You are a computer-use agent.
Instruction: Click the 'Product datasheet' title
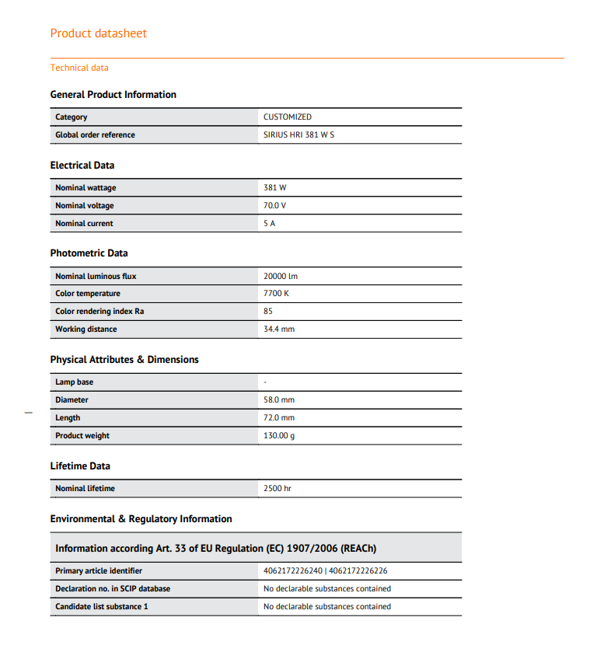pos(98,33)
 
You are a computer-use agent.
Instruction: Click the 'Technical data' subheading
pos(79,68)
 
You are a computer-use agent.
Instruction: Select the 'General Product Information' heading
pos(113,95)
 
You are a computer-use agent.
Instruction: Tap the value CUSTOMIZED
pos(287,117)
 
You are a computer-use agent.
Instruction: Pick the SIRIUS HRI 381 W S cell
pos(299,135)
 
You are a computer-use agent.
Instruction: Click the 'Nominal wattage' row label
pos(86,188)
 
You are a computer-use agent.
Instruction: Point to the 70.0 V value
pos(274,206)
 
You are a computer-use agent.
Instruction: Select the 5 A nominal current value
pos(269,224)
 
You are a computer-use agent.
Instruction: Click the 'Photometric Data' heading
pos(89,253)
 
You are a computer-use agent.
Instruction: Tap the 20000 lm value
pos(280,277)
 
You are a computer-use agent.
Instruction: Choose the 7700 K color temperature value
pos(276,294)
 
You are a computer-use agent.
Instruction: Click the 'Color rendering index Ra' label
pos(99,312)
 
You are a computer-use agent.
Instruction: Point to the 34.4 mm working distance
pos(279,329)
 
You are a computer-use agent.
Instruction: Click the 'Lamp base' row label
pos(74,382)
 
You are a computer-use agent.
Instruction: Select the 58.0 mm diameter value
pos(279,400)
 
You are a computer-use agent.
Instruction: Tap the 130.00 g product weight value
pos(279,436)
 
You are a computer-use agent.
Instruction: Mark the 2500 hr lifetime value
pos(277,489)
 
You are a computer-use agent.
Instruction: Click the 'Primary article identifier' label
pos(98,571)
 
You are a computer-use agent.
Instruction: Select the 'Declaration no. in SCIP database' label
pos(112,589)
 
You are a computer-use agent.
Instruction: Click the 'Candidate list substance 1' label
pos(101,607)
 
